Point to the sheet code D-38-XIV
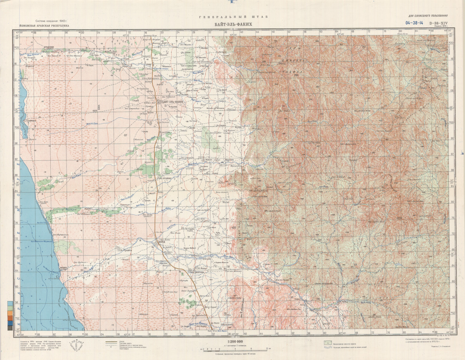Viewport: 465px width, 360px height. pos(438,23)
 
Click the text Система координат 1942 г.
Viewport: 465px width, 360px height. pos(51,21)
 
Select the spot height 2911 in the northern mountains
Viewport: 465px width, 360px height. pos(296,75)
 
